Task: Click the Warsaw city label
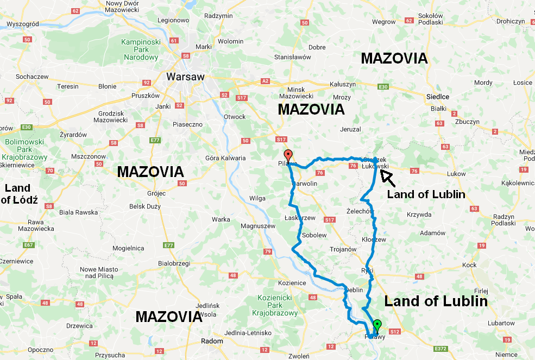[x=185, y=77]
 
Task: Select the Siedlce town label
[x=437, y=96]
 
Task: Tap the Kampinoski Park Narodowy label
[x=140, y=49]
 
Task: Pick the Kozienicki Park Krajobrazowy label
[x=275, y=305]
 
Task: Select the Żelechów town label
[x=360, y=211]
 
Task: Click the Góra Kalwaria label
[x=225, y=158]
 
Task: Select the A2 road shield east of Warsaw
[x=265, y=81]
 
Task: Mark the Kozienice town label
[x=292, y=283]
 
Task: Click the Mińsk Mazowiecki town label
[x=304, y=93]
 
